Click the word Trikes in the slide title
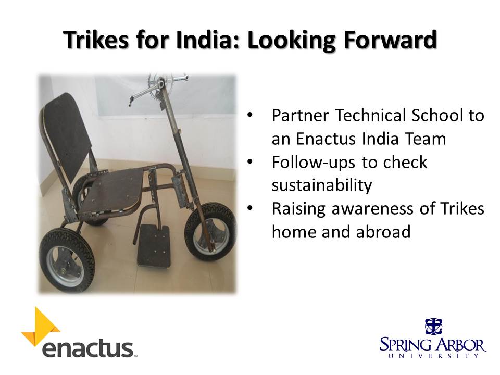click(96, 40)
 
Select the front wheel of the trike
click(210, 231)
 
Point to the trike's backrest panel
click(66, 137)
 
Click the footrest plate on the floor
click(154, 245)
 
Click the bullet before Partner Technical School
click(250, 115)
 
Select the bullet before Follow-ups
click(250, 161)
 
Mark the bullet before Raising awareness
click(250, 208)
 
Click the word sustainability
click(322, 185)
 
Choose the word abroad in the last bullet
click(383, 231)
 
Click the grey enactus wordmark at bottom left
click(87, 349)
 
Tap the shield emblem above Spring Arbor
click(433, 327)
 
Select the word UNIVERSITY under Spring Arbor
click(433, 356)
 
